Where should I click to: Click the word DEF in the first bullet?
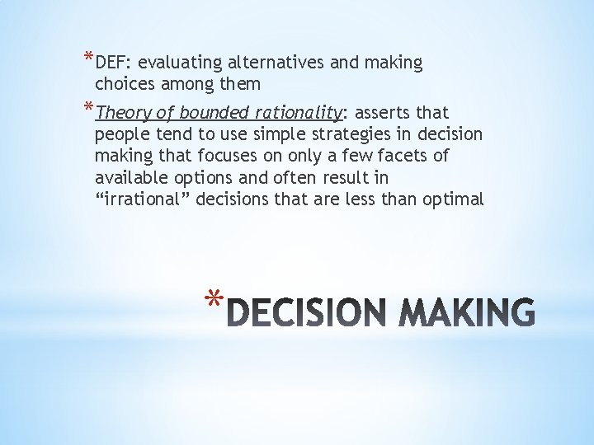pos(110,63)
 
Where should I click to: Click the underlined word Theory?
pos(122,113)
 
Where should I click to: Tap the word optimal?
pos(454,199)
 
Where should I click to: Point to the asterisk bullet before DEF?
pos(88,59)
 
